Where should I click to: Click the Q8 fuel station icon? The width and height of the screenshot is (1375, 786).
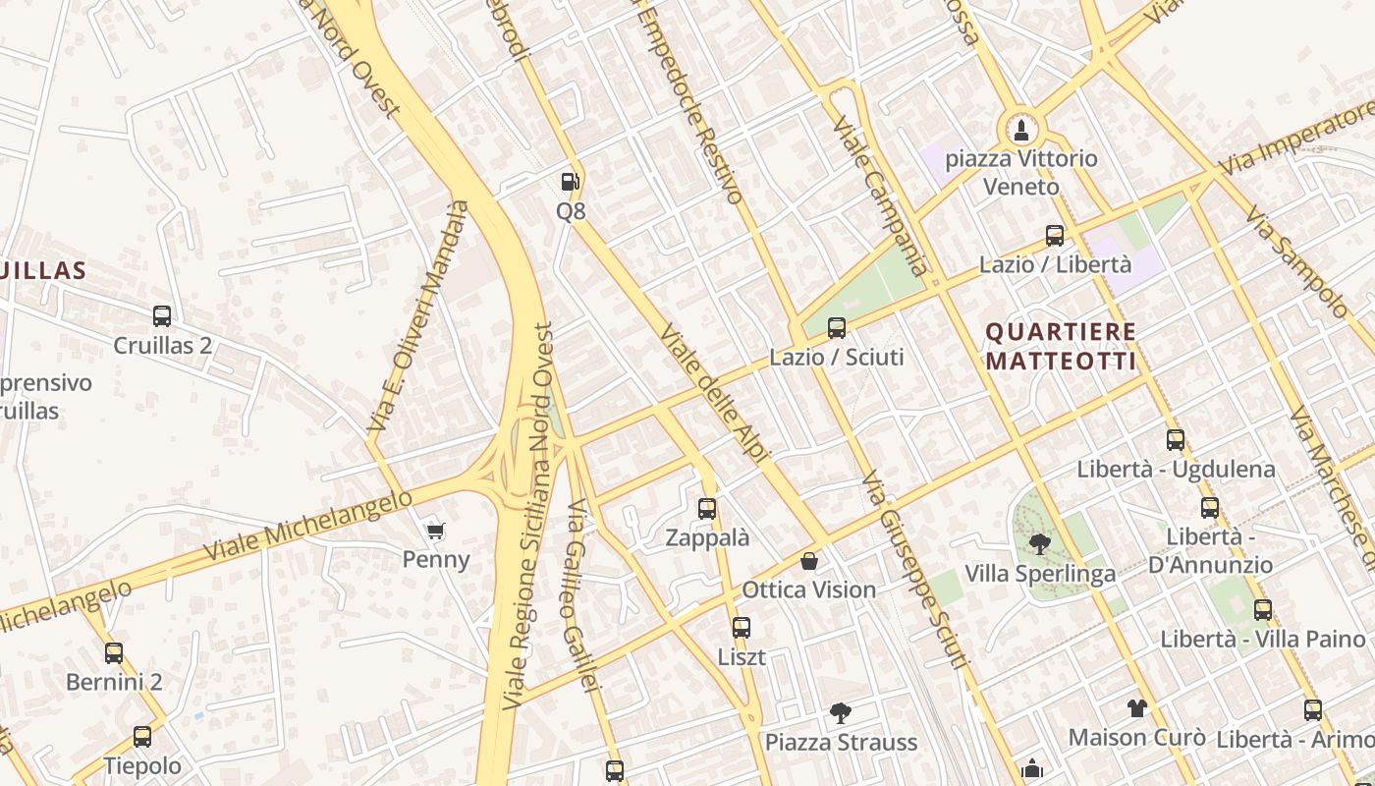click(570, 182)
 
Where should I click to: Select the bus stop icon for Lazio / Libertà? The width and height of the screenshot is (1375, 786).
click(1055, 236)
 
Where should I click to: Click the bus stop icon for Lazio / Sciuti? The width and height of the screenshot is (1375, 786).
click(837, 328)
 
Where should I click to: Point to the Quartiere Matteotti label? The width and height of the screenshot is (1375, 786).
click(1061, 347)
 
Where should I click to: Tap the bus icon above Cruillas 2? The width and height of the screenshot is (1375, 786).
click(162, 316)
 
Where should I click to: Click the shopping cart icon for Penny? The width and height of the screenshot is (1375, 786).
click(436, 531)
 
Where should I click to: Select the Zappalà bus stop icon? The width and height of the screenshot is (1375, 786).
click(707, 509)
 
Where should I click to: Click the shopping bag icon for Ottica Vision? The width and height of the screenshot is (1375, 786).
click(809, 561)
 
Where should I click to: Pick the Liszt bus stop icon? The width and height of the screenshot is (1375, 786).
click(742, 628)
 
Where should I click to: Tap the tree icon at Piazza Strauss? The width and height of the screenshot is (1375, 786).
click(841, 713)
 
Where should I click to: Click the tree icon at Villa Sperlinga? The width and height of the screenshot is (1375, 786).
click(1039, 543)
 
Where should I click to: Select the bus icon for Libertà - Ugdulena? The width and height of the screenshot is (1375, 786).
click(1176, 440)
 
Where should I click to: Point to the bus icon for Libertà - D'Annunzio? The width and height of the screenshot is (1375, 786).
click(1210, 508)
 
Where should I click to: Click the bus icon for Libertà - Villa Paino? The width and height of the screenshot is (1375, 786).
click(1263, 610)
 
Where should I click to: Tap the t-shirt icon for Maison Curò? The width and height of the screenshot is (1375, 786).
click(1136, 708)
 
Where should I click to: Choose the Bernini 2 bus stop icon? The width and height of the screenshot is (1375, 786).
click(114, 653)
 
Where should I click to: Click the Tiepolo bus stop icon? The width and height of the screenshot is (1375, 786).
click(142, 737)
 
